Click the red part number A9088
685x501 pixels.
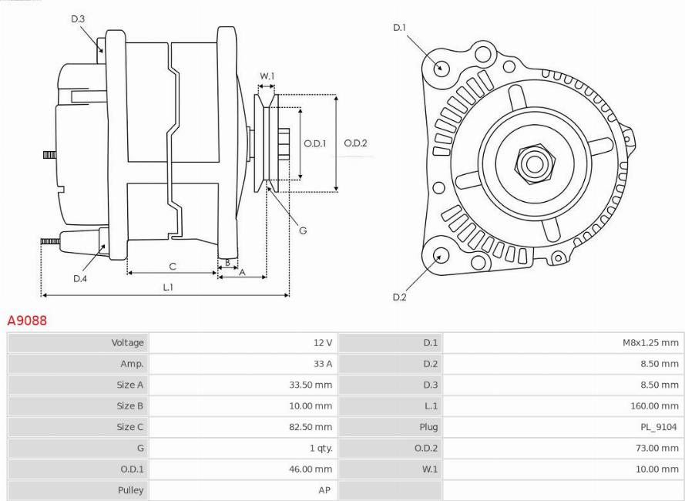27,321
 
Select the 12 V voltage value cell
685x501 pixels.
323,343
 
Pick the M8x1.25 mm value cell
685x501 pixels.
650,343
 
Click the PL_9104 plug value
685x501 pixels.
659,427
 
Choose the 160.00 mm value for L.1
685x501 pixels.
654,405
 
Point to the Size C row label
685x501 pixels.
130,427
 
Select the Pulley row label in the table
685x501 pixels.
131,489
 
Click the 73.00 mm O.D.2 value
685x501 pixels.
656,448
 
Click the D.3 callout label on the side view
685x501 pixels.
78,18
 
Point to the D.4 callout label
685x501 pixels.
80,279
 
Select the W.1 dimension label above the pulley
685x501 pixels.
267,76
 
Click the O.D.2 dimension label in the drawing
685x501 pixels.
355,143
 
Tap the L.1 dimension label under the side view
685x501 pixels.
167,287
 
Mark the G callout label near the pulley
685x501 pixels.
302,230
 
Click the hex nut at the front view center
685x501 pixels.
532,163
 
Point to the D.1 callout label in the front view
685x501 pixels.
399,28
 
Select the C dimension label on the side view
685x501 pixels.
173,267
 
